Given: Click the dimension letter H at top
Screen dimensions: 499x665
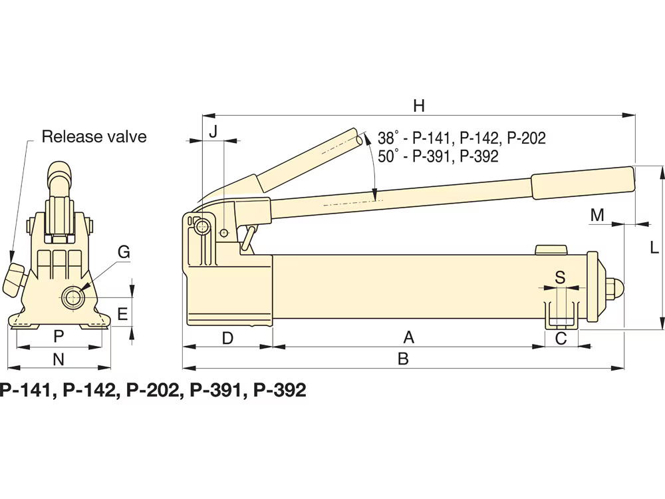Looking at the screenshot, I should [x=418, y=104].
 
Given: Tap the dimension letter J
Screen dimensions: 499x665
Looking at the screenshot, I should [x=213, y=131].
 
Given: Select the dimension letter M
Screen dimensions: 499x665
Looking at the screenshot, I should [x=597, y=214].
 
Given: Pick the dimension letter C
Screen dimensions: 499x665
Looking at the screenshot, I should [x=561, y=338].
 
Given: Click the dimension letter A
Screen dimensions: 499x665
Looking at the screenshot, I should [x=409, y=338].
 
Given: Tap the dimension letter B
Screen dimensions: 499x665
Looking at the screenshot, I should [x=402, y=359].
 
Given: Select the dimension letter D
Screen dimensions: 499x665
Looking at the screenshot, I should [x=227, y=338].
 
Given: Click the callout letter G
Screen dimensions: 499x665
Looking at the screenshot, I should [x=124, y=252].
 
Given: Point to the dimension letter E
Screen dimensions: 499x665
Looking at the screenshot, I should [x=122, y=314].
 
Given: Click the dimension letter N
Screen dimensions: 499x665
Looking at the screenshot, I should [x=59, y=359].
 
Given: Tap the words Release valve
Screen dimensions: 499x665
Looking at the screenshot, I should [x=94, y=137].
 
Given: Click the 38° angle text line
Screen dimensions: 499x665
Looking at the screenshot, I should [x=462, y=138].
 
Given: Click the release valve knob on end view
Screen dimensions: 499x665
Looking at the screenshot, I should [x=14, y=278].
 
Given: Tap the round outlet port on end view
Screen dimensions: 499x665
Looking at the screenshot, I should [x=71, y=296].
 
